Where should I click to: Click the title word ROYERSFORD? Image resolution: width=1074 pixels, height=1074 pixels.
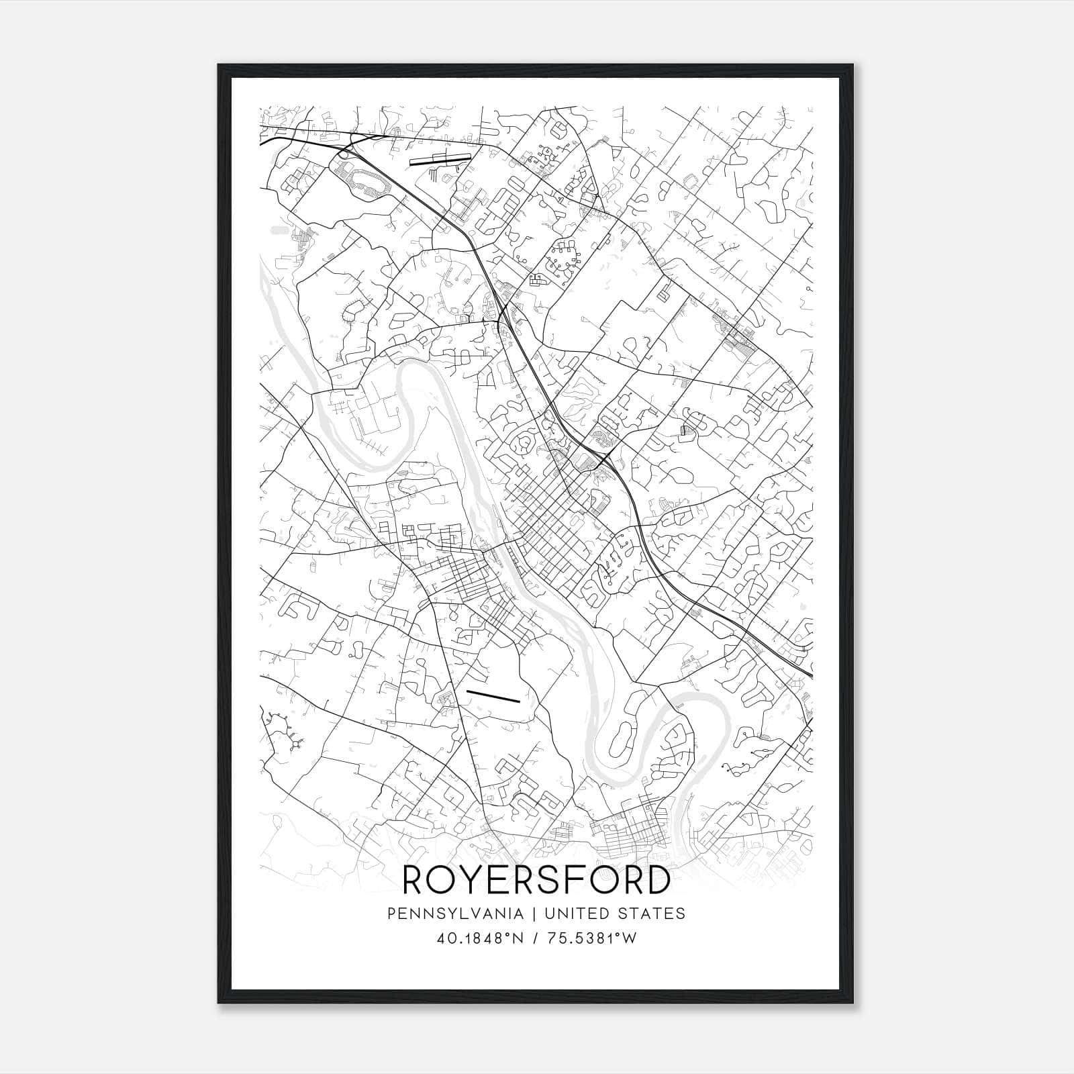[536, 880]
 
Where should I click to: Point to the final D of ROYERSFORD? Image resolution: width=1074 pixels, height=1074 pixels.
[655, 880]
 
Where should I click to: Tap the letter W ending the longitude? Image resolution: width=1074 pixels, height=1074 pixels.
[629, 938]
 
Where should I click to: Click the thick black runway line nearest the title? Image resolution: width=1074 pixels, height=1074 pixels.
[493, 696]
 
